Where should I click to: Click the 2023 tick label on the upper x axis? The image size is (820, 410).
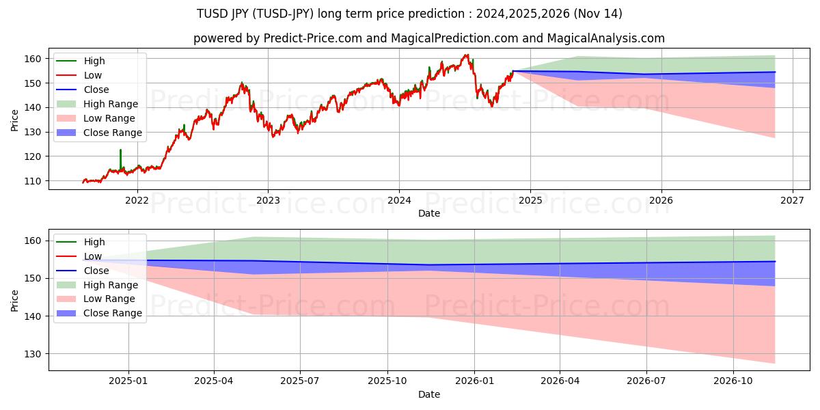268,200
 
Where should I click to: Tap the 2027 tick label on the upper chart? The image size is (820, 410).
792,200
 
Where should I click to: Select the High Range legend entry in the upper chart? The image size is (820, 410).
110,104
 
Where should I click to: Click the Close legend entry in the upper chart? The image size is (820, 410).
96,90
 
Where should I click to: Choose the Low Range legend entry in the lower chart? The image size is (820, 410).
109,299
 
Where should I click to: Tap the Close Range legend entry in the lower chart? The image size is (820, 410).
112,313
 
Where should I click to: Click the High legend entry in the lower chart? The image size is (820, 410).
94,242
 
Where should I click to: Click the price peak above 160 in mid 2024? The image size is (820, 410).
466,55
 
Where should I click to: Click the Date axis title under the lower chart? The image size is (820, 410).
428,394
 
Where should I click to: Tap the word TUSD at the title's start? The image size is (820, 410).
213,14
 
